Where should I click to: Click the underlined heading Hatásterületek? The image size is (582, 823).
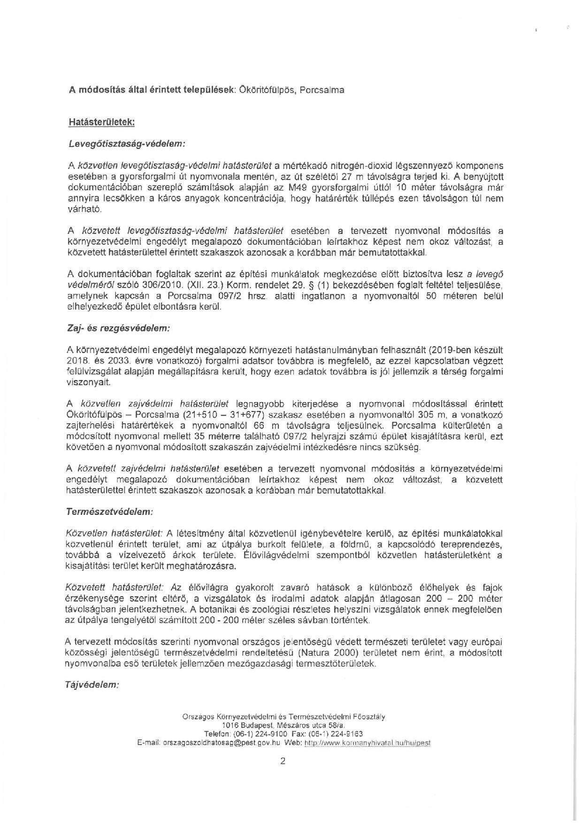coord(102,122)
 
